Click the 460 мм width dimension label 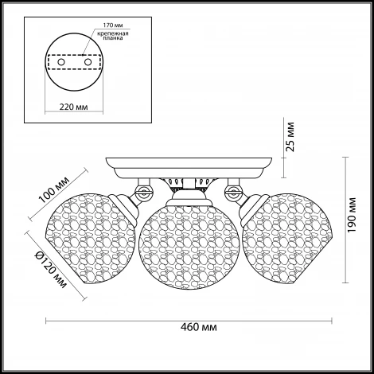coord(199,327)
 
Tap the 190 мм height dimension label coord(351,215)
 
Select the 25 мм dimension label coord(290,137)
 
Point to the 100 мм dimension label coord(54,189)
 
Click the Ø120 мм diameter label coord(51,270)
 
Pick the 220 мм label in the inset coord(73,107)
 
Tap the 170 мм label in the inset coord(113,25)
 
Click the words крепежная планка coord(113,36)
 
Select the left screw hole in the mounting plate coord(61,62)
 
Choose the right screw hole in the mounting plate coord(88,62)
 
